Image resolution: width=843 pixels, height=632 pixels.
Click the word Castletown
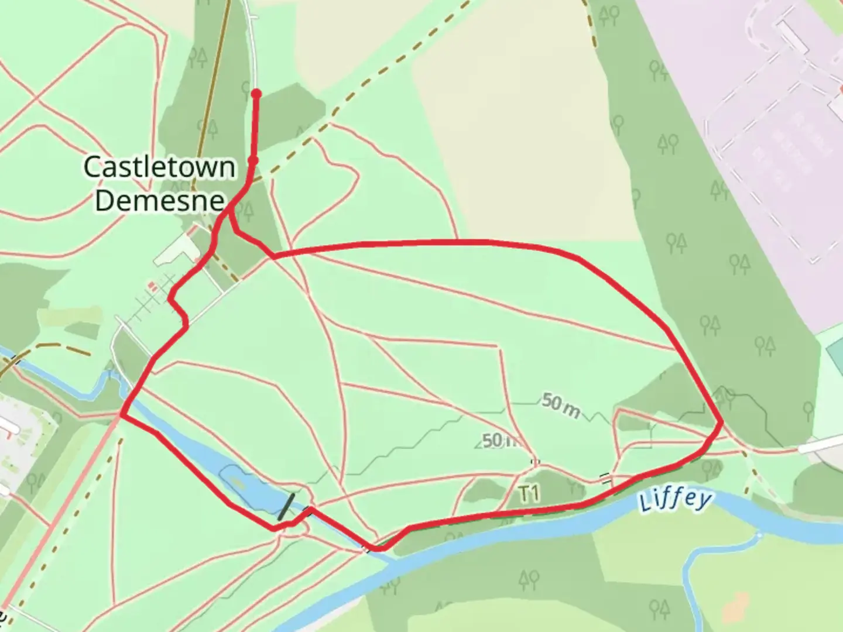(x=159, y=167)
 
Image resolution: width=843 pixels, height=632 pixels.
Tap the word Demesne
(x=159, y=200)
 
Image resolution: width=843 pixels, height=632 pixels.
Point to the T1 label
(x=529, y=494)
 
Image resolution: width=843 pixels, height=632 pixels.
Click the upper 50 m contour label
(x=560, y=405)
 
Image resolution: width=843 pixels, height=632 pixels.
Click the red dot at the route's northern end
(x=256, y=94)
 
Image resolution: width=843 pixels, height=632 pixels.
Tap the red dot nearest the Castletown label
(x=253, y=160)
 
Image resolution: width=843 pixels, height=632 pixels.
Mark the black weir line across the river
(x=286, y=507)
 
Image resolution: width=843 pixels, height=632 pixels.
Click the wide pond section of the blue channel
(x=240, y=481)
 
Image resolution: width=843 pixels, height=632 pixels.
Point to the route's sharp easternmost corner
(x=721, y=421)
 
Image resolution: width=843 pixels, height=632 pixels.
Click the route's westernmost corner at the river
(x=122, y=414)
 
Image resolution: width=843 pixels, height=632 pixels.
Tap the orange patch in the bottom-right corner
(x=736, y=609)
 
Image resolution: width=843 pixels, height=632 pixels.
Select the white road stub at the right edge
(x=820, y=446)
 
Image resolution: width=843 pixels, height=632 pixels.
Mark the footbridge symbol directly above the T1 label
(x=535, y=462)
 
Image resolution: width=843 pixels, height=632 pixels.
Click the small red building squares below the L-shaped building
(x=153, y=287)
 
